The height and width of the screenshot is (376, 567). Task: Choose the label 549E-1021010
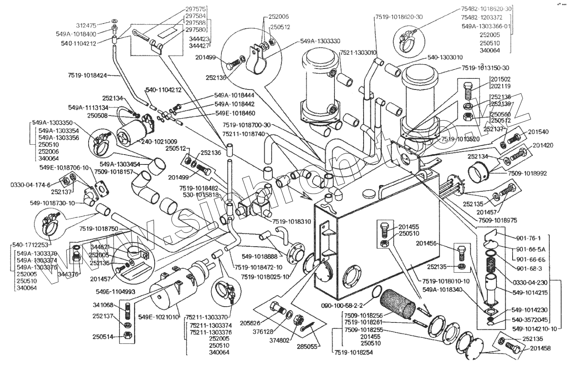point(159,317)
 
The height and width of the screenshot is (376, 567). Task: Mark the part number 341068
point(103,305)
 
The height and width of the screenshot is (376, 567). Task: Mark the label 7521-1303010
point(358,52)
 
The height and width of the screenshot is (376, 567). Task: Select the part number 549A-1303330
point(320,41)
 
